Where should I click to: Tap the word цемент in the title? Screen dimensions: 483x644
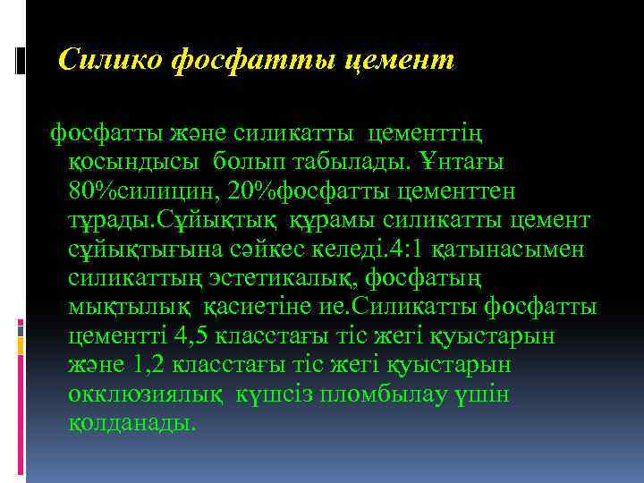[x=405, y=61]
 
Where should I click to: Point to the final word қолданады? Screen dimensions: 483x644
[x=131, y=421]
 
